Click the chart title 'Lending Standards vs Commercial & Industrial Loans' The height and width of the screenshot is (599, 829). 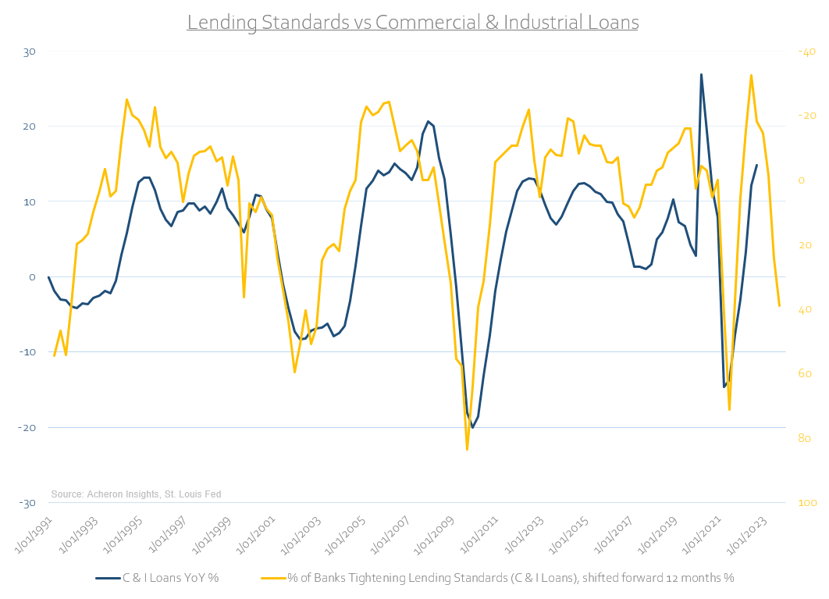coord(413,23)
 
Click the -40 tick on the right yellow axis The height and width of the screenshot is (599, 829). coord(806,52)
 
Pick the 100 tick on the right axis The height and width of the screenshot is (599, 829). coord(806,503)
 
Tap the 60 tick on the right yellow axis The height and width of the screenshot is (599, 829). coord(804,374)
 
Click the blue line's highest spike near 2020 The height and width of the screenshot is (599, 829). coord(701,74)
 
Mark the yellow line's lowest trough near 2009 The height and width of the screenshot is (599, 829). coord(467,449)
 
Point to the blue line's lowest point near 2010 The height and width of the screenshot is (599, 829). coord(472,427)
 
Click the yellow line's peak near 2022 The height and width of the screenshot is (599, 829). coord(751,76)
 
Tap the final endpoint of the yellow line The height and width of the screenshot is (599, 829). coord(779,306)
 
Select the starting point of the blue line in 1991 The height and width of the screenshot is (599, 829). coord(48,277)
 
